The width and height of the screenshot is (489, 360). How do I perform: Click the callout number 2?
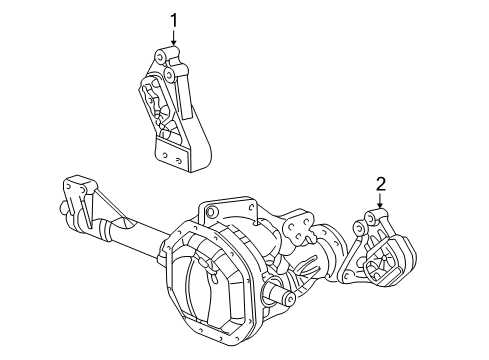pos(381,183)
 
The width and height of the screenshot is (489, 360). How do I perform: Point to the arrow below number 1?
pos(173,37)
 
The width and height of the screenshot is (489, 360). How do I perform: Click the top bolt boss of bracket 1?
pos(160,54)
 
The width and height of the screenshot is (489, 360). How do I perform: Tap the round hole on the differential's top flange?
pos(209,211)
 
